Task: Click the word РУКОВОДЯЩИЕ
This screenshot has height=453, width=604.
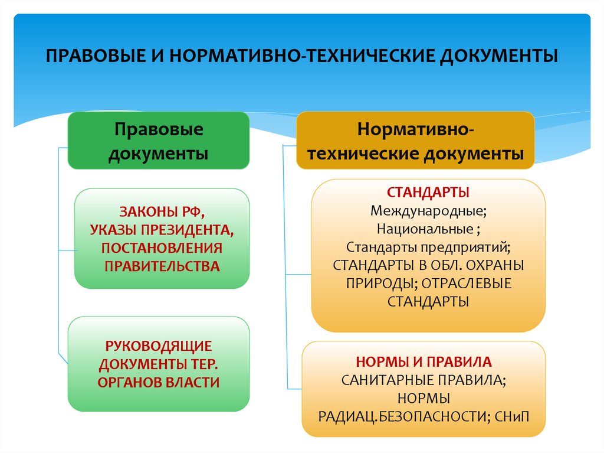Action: [x=159, y=346]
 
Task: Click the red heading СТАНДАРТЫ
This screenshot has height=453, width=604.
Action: [x=428, y=193]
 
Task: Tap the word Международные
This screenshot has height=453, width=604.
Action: [x=428, y=210]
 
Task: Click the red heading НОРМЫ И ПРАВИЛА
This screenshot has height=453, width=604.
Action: [x=424, y=361]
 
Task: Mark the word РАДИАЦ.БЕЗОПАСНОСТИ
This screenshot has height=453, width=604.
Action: [x=401, y=416]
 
